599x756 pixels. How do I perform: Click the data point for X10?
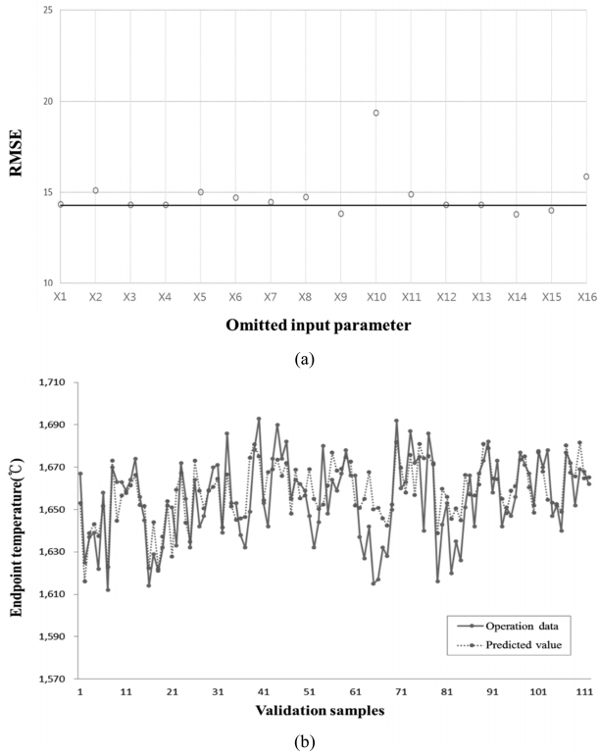pos(375,113)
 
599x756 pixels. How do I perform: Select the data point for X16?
pos(586,176)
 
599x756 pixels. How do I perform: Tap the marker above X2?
pos(95,190)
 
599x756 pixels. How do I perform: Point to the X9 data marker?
pos(341,214)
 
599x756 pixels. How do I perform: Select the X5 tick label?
pos(200,296)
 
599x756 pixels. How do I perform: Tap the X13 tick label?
pos(480,296)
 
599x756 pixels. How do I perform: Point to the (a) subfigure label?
pos(303,359)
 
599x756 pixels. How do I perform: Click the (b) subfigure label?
pos(303,742)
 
